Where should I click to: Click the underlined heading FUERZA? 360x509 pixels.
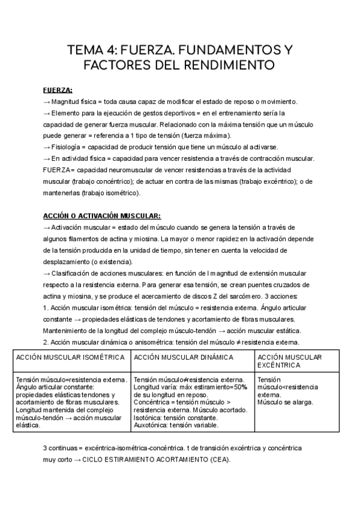pos(58,90)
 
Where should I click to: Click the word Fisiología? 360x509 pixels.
pos(71,148)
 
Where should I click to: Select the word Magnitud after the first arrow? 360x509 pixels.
pos(69,101)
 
